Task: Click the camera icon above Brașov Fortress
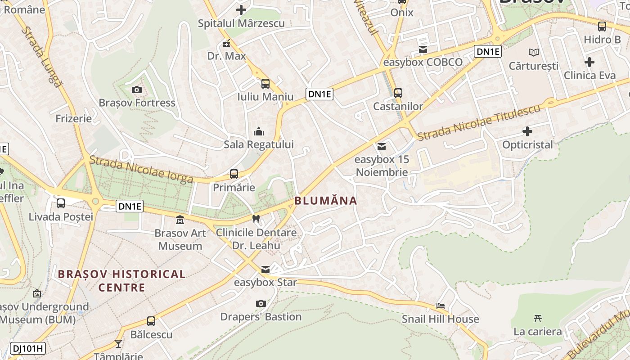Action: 137,90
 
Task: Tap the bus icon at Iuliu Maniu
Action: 265,83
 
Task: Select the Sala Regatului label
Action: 259,144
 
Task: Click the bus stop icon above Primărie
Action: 234,174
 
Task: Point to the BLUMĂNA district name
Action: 326,201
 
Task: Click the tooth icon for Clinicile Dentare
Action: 256,219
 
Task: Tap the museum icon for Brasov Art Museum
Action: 180,220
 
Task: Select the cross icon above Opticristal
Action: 527,131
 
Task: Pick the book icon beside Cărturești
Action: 534,53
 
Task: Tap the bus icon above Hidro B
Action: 602,27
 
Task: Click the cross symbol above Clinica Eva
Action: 589,62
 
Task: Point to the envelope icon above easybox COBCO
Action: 423,49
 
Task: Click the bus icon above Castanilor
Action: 398,93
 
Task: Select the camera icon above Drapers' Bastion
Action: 261,304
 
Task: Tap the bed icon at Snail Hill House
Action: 441,306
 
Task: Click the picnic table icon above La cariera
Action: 538,319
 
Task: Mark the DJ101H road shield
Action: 28,348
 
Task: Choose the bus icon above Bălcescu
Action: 151,321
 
